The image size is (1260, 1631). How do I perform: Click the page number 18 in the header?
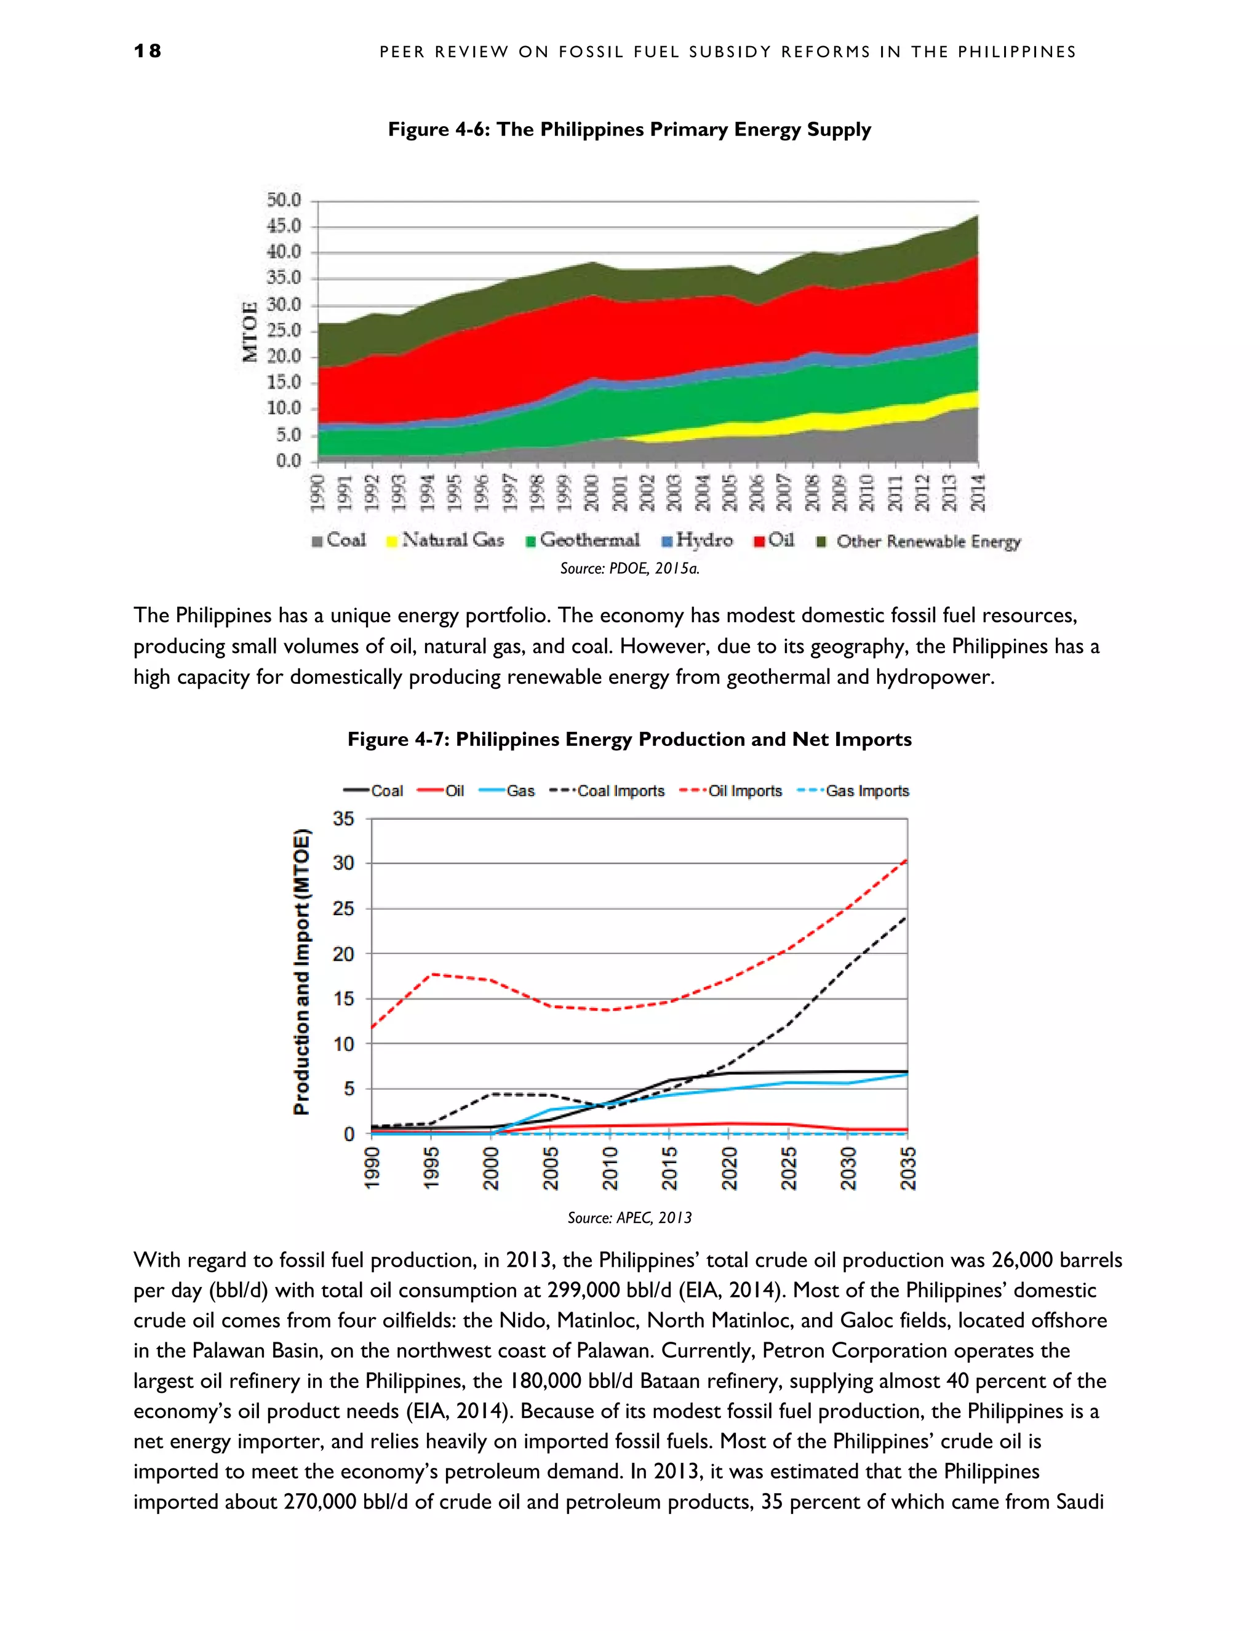point(148,51)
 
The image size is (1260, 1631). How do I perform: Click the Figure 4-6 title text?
point(629,129)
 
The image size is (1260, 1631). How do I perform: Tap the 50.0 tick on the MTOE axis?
point(284,200)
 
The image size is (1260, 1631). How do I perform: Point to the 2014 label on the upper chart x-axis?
point(978,492)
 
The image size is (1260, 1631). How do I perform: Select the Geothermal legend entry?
point(583,540)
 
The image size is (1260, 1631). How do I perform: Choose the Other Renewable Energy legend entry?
point(920,542)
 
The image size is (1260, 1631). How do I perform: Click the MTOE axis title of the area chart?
point(250,331)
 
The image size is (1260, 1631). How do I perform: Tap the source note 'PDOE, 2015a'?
point(629,568)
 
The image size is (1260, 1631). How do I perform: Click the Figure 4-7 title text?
point(629,739)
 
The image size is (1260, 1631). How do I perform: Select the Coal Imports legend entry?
point(608,791)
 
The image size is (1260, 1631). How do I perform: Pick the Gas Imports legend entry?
point(855,791)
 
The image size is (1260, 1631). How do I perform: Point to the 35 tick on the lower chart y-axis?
point(343,819)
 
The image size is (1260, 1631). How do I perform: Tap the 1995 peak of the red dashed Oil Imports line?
point(431,974)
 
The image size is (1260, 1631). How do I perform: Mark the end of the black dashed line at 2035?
point(906,917)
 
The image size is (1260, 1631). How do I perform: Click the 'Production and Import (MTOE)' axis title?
point(301,972)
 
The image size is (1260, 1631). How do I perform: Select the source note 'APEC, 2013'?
point(629,1218)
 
